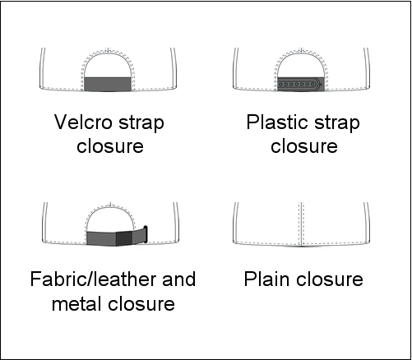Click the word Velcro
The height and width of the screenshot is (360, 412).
[83, 122]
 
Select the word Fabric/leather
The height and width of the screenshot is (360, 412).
[94, 279]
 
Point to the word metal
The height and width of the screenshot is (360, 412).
[77, 303]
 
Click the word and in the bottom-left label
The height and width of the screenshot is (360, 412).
[179, 279]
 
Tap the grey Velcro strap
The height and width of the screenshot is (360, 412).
[108, 84]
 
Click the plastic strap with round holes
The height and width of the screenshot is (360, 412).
[300, 84]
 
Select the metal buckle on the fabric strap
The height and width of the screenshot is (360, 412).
[146, 234]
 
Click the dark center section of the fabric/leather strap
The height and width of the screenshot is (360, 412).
[124, 239]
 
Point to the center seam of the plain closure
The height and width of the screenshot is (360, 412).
[301, 224]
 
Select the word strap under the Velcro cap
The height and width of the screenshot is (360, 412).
[141, 123]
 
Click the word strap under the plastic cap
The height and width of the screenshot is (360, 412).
[337, 123]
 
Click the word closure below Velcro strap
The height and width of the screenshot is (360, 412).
[110, 146]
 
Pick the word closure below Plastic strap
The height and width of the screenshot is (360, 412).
[304, 146]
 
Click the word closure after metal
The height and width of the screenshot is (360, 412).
[141, 303]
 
